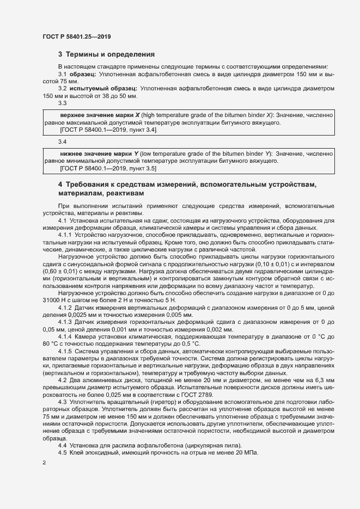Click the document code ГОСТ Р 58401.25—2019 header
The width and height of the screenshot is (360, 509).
78,36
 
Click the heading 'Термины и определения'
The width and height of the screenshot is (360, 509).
111,55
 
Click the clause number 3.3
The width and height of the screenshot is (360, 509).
62,103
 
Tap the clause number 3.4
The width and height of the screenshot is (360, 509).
62,142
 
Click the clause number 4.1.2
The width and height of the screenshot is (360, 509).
65,308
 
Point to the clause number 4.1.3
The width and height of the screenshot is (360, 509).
65,323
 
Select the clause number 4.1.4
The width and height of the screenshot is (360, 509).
65,338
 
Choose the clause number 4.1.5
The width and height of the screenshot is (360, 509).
65,352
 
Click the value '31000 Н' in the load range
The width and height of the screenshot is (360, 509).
56,301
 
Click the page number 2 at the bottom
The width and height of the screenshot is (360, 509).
44,463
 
